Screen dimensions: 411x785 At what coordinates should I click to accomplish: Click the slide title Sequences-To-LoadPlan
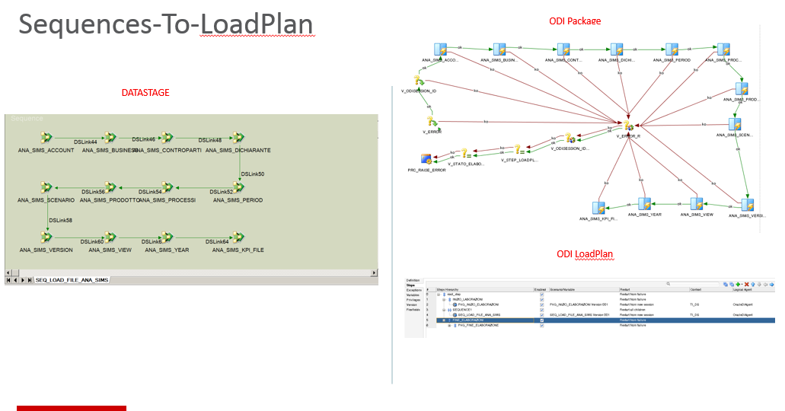click(x=165, y=25)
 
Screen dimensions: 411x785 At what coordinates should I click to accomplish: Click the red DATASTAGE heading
click(x=145, y=93)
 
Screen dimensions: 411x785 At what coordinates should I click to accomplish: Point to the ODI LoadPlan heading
click(x=585, y=253)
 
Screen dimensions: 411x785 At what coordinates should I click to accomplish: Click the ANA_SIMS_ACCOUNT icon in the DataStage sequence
click(x=46, y=138)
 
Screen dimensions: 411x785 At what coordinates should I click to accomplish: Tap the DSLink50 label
click(x=253, y=174)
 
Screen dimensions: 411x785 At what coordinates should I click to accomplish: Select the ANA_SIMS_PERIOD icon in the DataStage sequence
click(x=238, y=187)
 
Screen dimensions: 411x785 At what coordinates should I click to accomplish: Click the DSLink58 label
click(x=61, y=220)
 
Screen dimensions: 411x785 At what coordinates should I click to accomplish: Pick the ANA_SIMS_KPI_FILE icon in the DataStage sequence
click(x=238, y=237)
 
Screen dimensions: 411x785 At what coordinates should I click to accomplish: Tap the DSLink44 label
click(x=85, y=142)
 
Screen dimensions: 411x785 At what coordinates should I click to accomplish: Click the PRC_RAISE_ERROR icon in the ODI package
click(x=426, y=158)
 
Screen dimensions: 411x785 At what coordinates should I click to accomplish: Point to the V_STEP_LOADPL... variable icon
click(x=518, y=150)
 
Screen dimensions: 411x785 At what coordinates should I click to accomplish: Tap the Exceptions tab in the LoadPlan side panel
click(x=413, y=290)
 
